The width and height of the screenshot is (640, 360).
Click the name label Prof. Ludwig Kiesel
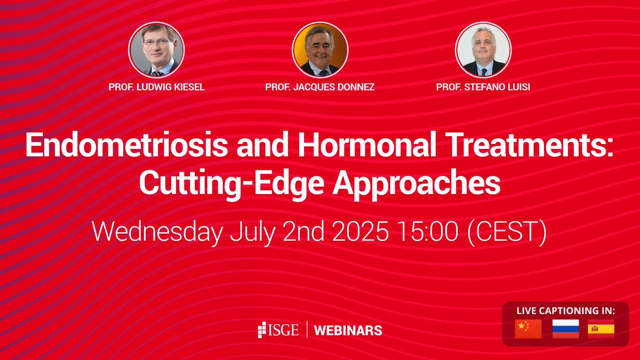click(156, 87)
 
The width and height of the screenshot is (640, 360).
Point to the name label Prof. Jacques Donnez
click(320, 87)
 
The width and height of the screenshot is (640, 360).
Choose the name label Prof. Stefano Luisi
click(483, 87)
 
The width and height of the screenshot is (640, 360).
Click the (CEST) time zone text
click(507, 233)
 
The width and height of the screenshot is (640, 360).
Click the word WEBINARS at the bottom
click(348, 330)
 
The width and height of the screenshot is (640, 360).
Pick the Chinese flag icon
click(528, 329)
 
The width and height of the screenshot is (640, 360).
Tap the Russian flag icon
click(565, 329)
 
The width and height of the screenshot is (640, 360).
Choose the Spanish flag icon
click(601, 329)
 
